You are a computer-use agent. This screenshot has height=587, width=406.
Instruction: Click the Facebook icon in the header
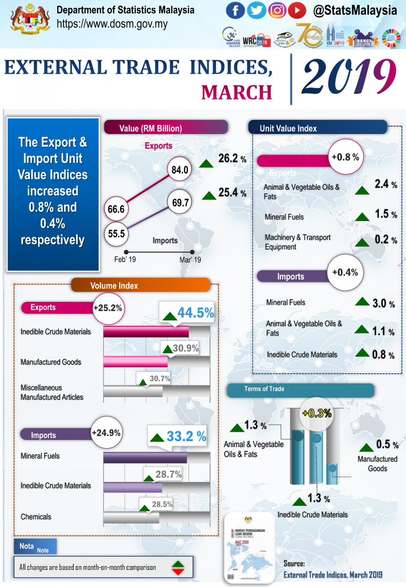(235, 10)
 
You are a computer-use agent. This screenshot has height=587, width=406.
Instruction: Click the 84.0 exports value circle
(180, 170)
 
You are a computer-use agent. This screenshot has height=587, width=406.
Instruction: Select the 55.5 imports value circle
(116, 233)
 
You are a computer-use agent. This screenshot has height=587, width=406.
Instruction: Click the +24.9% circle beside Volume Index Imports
(106, 433)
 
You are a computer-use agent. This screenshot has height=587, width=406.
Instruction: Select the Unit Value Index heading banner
(318, 128)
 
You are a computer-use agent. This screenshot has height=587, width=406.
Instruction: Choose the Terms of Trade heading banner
(300, 389)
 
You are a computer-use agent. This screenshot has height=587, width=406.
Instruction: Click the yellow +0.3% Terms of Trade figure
(317, 413)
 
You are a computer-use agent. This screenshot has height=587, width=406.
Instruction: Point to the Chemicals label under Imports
(36, 517)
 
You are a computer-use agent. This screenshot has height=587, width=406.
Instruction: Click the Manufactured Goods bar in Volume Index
(136, 362)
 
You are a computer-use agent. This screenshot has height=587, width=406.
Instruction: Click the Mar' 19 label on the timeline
(190, 260)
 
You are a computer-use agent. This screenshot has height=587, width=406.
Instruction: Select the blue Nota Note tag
(35, 547)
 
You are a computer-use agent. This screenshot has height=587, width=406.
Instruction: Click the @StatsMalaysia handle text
(355, 11)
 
